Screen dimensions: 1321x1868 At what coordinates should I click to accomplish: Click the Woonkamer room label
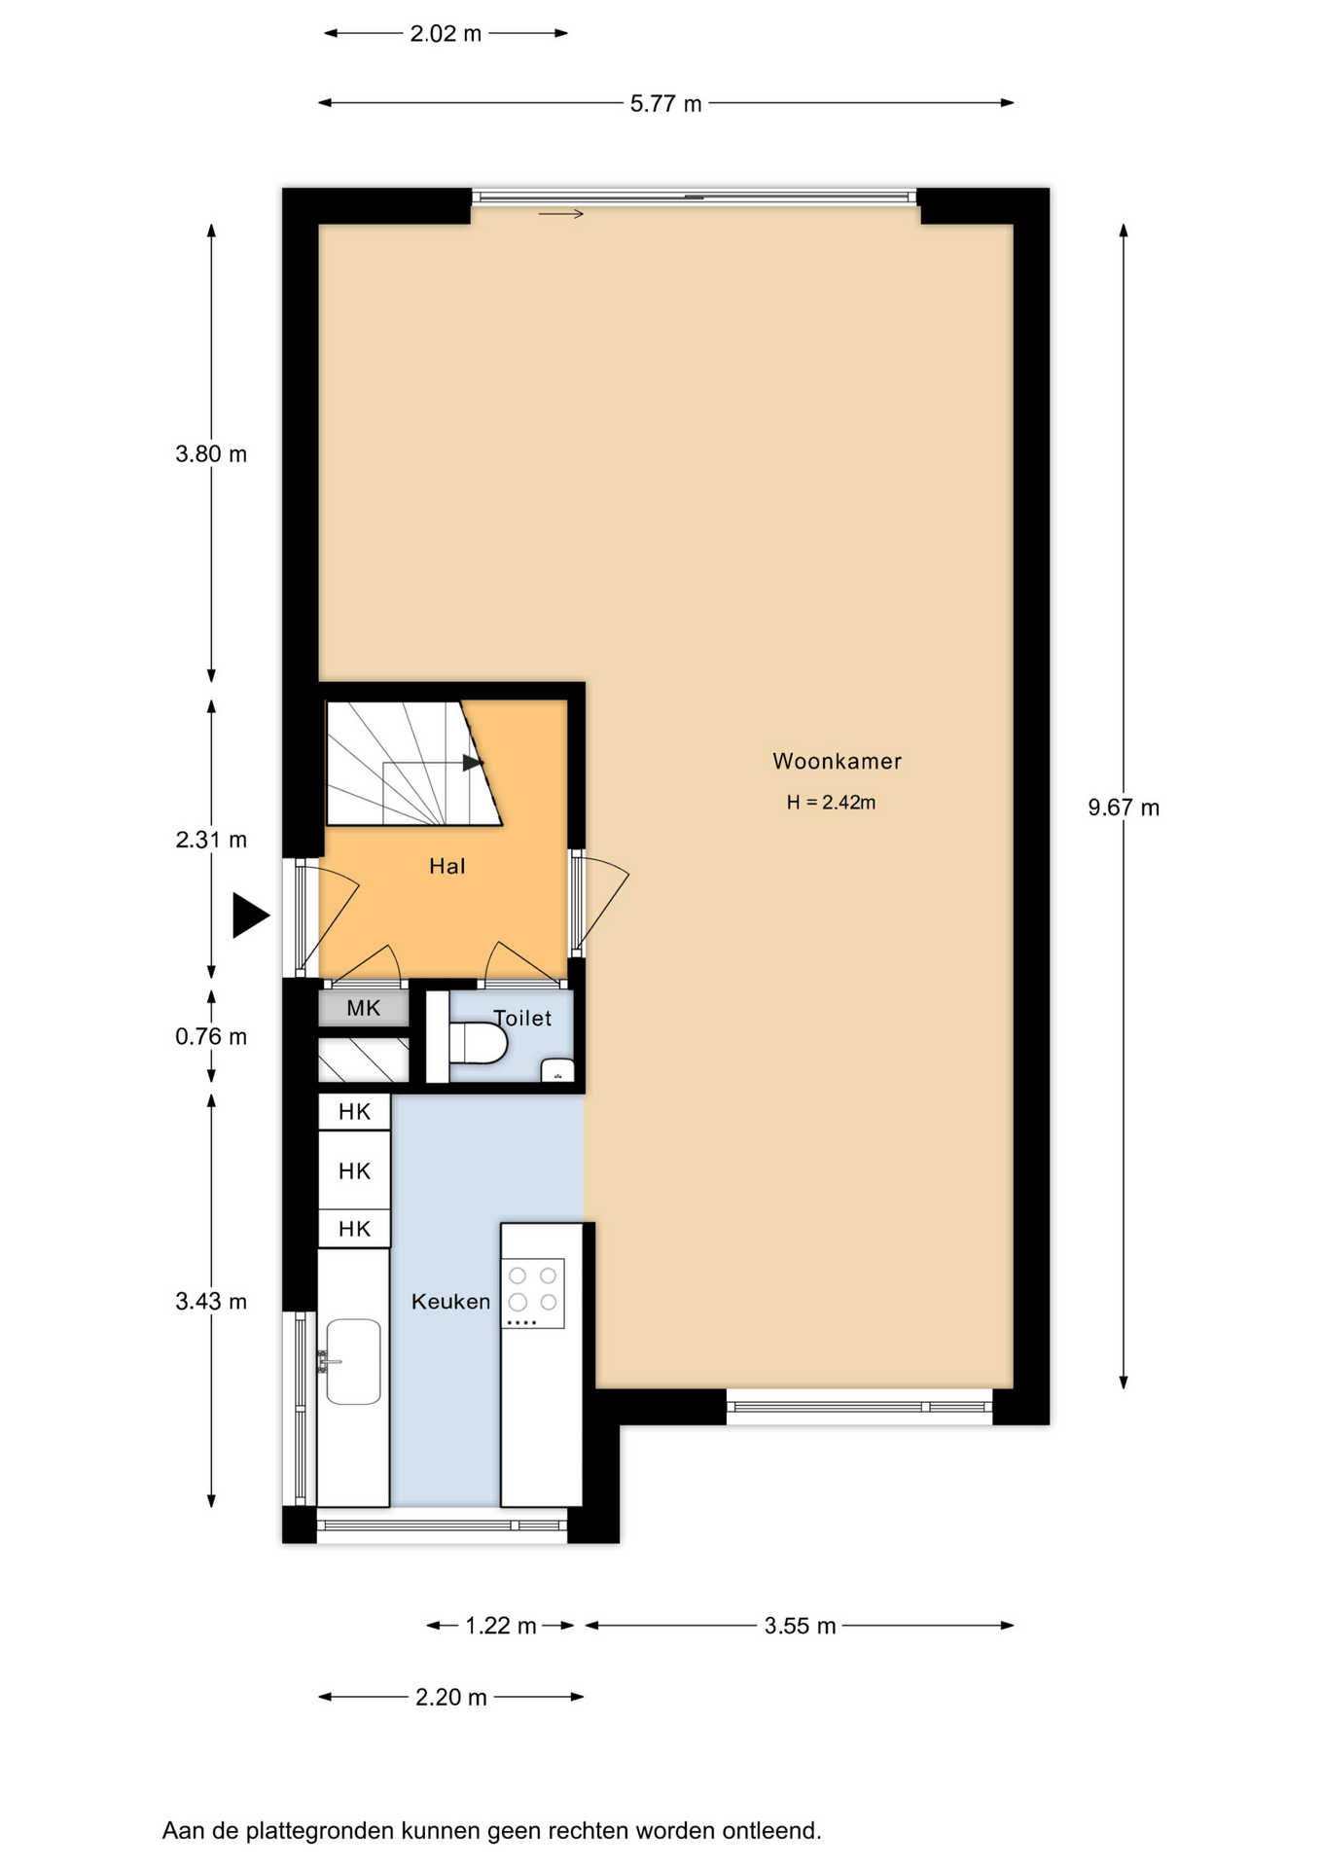[837, 761]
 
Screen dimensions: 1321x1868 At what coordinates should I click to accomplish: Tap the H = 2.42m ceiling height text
[831, 803]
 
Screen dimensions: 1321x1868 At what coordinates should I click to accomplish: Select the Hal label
[447, 866]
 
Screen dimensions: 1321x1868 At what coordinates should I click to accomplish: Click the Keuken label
[450, 1301]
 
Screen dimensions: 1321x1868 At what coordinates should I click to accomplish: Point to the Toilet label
[522, 1018]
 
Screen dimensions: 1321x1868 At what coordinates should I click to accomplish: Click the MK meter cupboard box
[364, 1008]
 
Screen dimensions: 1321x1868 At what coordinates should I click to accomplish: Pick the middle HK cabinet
[354, 1170]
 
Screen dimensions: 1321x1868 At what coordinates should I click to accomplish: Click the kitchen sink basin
[353, 1361]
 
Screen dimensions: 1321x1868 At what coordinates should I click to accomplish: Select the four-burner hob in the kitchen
[533, 1294]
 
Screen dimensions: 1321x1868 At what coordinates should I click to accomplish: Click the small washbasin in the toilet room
[557, 1069]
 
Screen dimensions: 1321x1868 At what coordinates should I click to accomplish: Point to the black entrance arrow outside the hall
[250, 916]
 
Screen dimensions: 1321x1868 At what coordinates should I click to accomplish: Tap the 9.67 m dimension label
[1124, 808]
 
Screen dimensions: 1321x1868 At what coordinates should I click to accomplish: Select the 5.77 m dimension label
[665, 103]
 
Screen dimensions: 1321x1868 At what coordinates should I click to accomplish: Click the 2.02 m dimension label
[446, 34]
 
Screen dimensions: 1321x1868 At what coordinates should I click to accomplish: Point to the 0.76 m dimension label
[211, 1037]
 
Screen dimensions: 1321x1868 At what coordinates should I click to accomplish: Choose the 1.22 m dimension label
[501, 1626]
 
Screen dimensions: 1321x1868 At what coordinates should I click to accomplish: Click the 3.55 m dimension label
[800, 1626]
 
